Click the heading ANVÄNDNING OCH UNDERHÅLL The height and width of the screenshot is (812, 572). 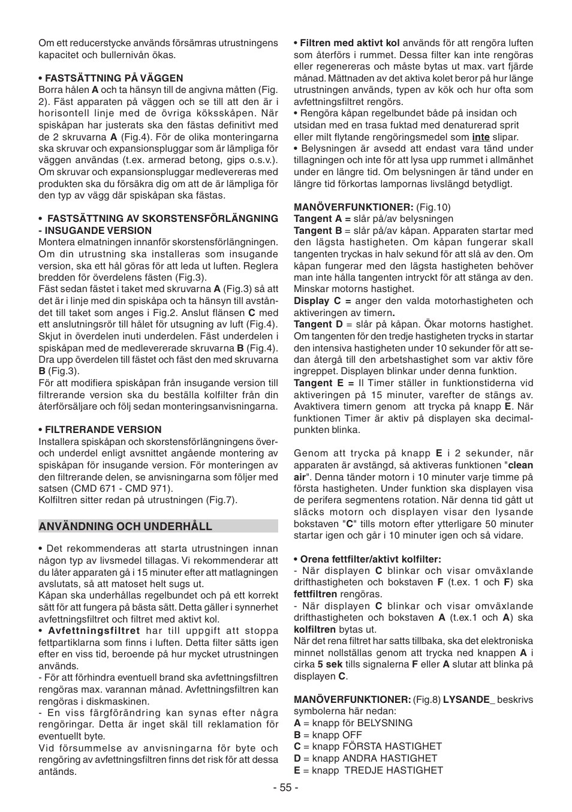point(125,527)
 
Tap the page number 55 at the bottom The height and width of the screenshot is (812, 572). point(286,787)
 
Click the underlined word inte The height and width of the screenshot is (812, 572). point(480,137)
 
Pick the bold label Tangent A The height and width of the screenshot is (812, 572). point(317,219)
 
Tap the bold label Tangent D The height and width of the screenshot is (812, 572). point(317,324)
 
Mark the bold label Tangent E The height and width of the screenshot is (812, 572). point(317,383)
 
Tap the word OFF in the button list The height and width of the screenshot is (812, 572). point(352,735)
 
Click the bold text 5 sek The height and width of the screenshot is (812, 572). point(330,664)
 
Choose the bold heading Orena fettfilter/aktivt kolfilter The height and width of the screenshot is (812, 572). point(371,559)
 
